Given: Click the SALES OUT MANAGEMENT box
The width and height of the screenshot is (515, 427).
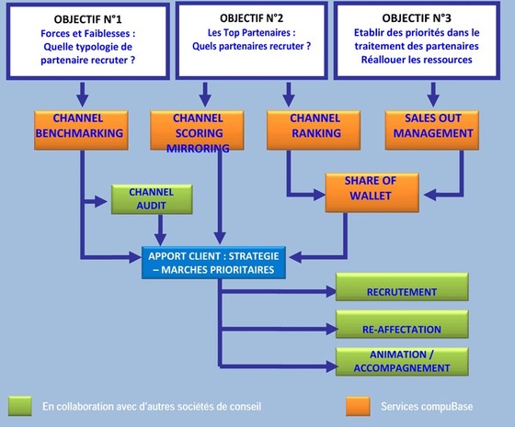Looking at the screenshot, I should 431,127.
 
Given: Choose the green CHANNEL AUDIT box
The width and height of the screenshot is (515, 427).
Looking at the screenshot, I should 150,199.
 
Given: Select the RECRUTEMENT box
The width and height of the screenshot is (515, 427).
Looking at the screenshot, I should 401,291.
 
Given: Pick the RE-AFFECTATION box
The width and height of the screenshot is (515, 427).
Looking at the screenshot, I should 401,326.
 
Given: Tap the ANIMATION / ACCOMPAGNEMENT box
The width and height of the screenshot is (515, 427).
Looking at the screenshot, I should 401,361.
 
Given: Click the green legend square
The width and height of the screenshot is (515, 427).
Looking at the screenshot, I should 20,405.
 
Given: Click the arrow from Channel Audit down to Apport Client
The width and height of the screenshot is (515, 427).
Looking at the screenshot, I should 163,230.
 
